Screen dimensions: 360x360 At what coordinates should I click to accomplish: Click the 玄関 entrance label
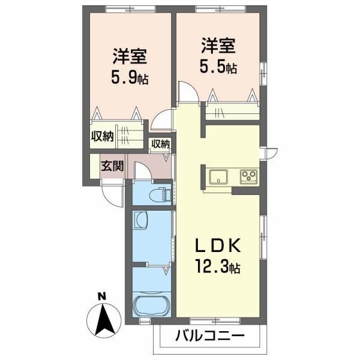tap(112, 166)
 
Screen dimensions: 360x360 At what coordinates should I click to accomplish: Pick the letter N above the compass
tap(102, 295)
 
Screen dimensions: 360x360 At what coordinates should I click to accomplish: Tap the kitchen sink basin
tap(217, 177)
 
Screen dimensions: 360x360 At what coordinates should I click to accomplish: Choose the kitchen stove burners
tap(248, 177)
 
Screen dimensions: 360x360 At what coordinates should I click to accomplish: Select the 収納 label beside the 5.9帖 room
tap(102, 136)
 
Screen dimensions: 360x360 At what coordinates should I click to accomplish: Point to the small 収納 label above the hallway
tap(160, 144)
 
